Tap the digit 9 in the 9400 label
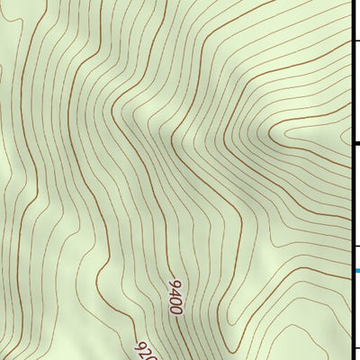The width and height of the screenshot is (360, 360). [x=171, y=284]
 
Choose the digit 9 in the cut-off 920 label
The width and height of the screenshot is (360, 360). [x=139, y=343]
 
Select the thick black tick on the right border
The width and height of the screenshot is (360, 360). [x=355, y=142]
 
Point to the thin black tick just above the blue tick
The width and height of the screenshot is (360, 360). [x=355, y=244]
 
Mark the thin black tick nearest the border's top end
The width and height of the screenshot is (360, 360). [x=355, y=40]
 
